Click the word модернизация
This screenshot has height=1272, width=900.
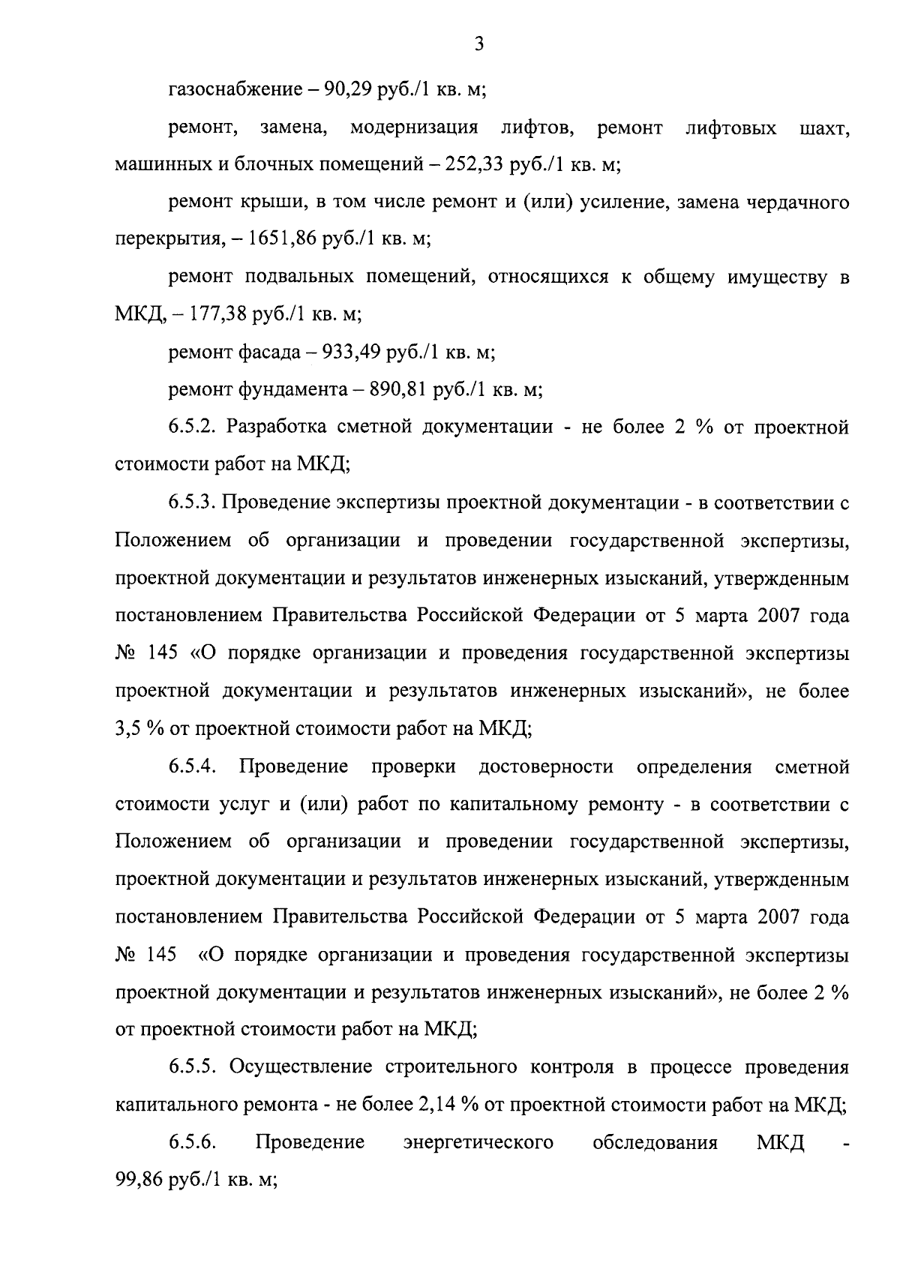(x=414, y=128)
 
